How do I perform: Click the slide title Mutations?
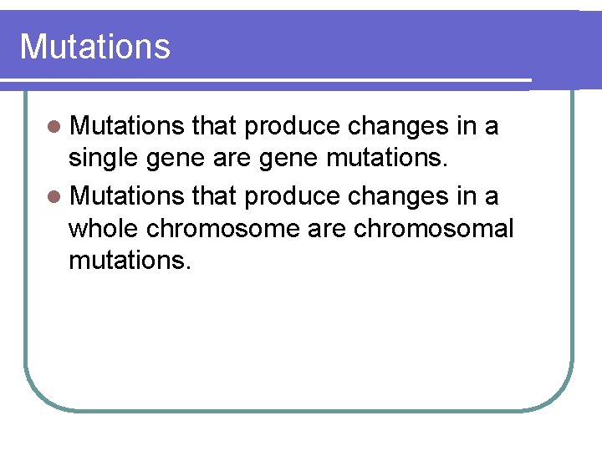coord(94,47)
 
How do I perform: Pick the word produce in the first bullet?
coord(293,127)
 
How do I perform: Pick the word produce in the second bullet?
coord(293,196)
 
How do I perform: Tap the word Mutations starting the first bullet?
coord(127,126)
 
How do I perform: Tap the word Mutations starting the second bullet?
coord(127,195)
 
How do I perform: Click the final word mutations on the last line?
coord(130,261)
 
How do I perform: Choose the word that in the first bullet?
coord(215,126)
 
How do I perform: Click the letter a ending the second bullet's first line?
coord(492,198)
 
